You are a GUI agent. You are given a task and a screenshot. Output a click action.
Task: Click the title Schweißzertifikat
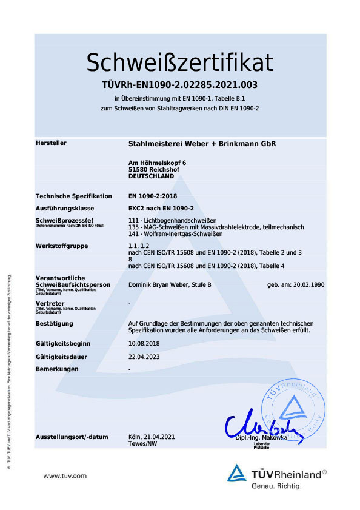tap(179, 62)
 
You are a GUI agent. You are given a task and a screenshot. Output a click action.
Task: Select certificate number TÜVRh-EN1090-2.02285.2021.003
tap(179, 85)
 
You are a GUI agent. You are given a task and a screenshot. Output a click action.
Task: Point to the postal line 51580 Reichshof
tap(151, 170)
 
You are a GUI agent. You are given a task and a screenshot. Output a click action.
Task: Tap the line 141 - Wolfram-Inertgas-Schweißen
tap(176, 233)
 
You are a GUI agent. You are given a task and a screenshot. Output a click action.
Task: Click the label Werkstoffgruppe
tap(62, 246)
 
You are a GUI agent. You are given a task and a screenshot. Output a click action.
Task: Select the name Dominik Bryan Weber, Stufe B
tap(170, 284)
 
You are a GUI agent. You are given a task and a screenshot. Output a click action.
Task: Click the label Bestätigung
tap(55, 324)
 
